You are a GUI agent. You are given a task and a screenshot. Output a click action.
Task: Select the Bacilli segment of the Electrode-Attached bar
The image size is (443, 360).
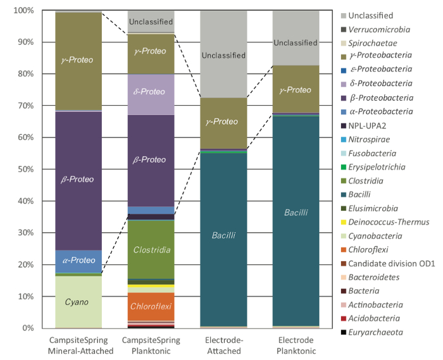click(x=223, y=235)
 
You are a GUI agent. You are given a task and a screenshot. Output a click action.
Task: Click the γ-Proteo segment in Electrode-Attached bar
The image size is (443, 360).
click(x=223, y=122)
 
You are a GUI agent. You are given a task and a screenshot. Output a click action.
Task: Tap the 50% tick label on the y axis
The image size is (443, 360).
click(x=25, y=170)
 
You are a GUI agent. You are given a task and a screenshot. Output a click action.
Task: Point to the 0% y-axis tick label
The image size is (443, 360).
click(x=28, y=328)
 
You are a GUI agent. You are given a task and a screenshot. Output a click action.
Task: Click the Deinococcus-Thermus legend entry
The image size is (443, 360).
click(x=389, y=222)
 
